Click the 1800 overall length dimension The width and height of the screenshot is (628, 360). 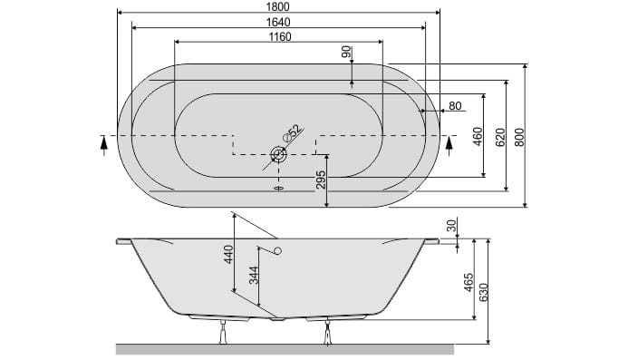click(x=277, y=7)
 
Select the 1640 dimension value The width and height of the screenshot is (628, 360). click(x=278, y=22)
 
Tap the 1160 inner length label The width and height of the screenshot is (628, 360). click(x=280, y=37)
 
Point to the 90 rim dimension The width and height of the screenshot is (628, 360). click(x=347, y=52)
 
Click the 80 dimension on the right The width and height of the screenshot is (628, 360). click(x=455, y=106)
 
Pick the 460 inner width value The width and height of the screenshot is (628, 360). click(x=478, y=136)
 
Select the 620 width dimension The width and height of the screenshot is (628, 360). click(x=500, y=137)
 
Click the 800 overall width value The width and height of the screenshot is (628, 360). click(x=519, y=137)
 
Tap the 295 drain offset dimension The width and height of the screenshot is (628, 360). click(x=321, y=180)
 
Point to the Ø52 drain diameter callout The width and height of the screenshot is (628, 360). click(x=292, y=133)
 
